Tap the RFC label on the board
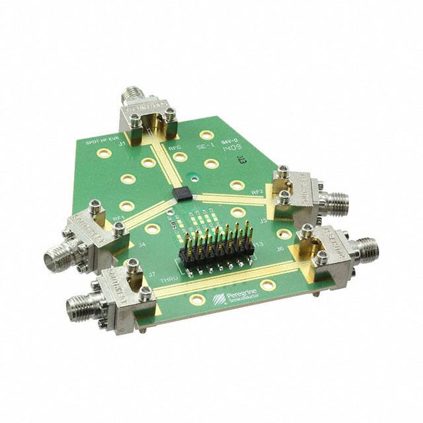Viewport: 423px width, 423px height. click(175, 149)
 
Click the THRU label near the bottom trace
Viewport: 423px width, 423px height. click(150, 282)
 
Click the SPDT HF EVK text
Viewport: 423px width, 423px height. click(100, 141)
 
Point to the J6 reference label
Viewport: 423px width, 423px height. click(280, 249)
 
